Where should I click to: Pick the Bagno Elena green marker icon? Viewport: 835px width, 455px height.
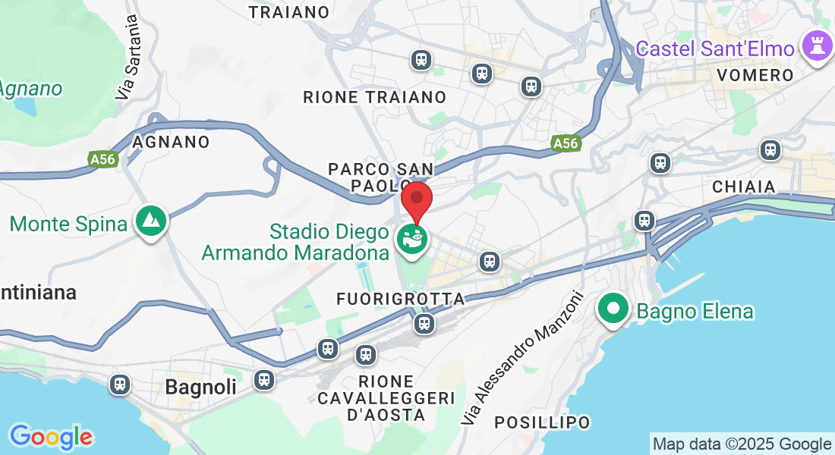(x=613, y=309)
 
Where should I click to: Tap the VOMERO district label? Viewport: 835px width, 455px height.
(x=755, y=75)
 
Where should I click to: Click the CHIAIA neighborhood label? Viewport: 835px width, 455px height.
(x=744, y=187)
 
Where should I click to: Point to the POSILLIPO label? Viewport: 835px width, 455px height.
(x=542, y=422)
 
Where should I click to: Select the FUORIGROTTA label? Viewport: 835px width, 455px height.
(x=400, y=299)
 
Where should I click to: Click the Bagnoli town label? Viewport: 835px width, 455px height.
(x=200, y=387)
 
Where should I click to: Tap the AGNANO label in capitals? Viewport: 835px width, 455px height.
(x=171, y=142)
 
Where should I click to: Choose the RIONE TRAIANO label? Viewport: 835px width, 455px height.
(x=374, y=97)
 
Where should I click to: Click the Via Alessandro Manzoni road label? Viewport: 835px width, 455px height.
(x=522, y=357)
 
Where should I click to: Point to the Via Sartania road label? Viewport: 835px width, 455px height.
(x=128, y=58)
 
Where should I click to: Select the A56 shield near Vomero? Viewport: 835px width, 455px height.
(x=565, y=143)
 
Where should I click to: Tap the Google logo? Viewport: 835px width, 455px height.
(x=51, y=437)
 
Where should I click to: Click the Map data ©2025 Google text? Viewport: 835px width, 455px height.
(x=742, y=444)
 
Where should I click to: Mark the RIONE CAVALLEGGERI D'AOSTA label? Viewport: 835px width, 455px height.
(x=386, y=398)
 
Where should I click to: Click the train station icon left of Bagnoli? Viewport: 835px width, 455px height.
(x=119, y=384)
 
